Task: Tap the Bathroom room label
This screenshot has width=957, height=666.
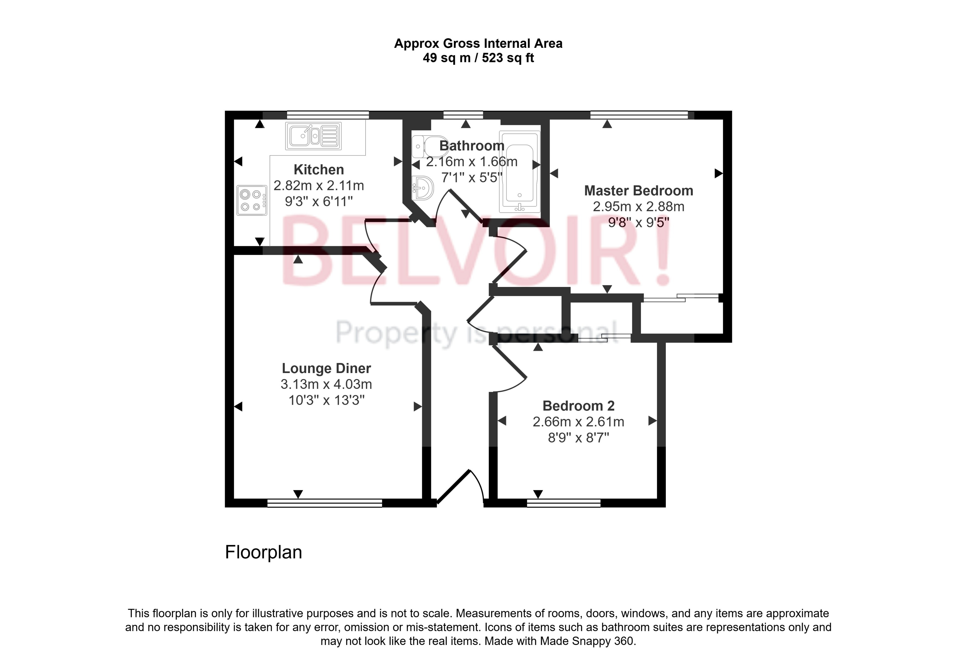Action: pos(472,146)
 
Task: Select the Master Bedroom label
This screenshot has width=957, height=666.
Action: pos(638,191)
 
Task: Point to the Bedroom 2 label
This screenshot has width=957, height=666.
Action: pos(579,406)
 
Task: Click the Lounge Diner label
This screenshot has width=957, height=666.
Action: pos(326,368)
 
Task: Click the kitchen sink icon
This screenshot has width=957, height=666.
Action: pos(313,136)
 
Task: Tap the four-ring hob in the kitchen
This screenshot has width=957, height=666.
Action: pos(252,200)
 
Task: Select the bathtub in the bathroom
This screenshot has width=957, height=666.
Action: pos(519,172)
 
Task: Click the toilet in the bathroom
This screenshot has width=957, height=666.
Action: pos(429,146)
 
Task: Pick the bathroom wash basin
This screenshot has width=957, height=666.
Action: pos(422,188)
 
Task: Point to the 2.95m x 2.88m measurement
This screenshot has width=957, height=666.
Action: pos(638,207)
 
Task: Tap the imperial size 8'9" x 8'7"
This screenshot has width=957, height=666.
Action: pos(579,438)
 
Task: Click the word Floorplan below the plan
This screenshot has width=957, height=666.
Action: pos(263,552)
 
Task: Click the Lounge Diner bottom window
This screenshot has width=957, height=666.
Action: pos(325,503)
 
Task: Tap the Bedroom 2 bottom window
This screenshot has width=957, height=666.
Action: pos(564,503)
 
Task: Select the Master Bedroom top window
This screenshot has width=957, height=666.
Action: pos(639,115)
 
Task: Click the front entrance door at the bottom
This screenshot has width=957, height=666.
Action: pos(459,487)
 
